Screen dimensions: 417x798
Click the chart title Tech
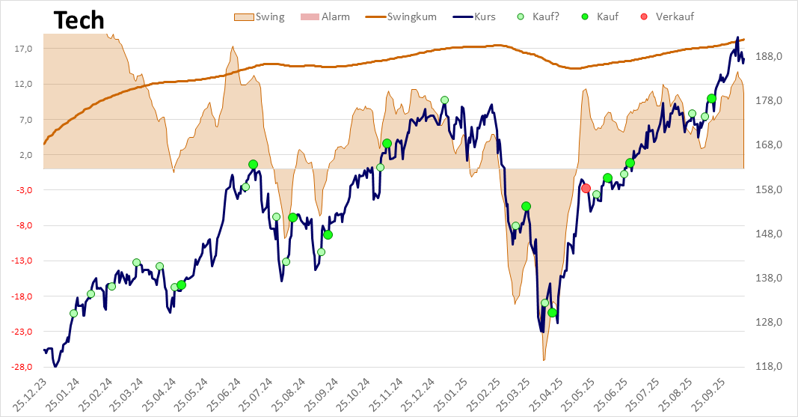[79, 21]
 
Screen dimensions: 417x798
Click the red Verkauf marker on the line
[586, 189]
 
